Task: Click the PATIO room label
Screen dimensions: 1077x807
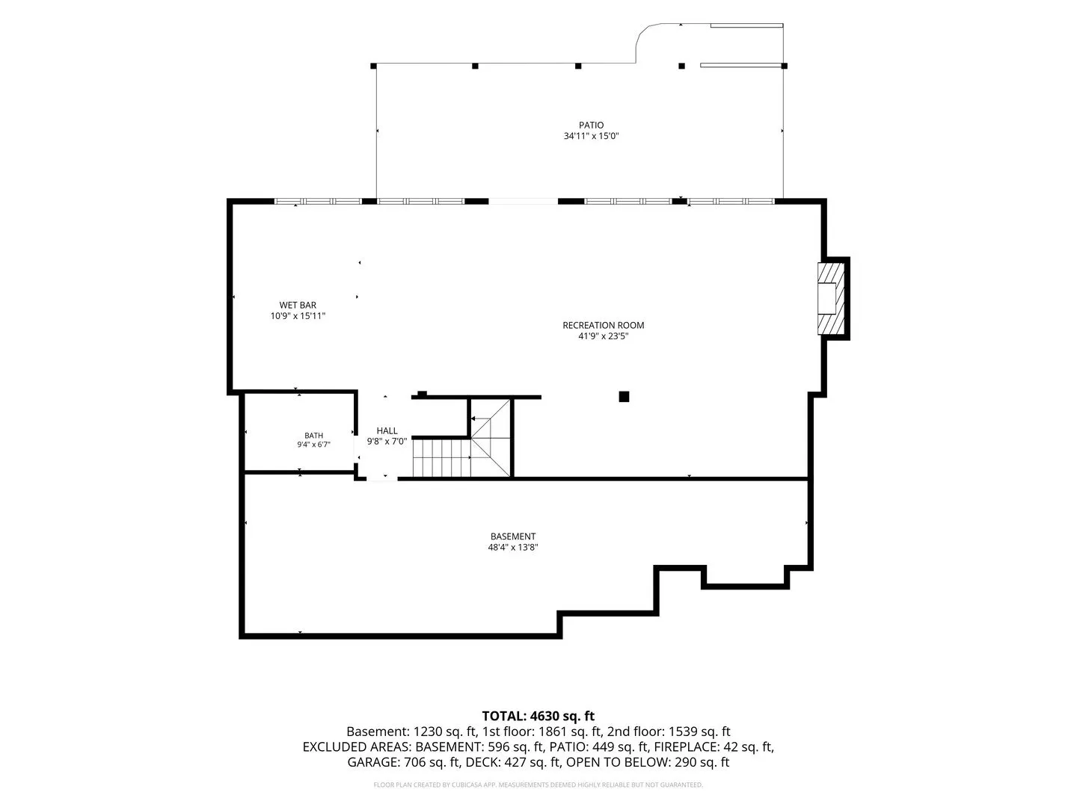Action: [591, 125]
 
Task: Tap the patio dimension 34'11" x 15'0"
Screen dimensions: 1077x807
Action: [591, 136]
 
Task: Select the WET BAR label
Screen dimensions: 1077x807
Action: [298, 305]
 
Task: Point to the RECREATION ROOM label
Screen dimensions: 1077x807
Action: [603, 325]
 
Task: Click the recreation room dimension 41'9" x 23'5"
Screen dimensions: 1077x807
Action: [603, 336]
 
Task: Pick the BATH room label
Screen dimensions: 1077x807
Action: [313, 435]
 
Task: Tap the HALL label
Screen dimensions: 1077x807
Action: [387, 430]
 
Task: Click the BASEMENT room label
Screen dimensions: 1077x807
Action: [513, 536]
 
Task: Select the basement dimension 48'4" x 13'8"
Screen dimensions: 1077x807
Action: [513, 547]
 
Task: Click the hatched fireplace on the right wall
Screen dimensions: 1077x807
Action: [831, 299]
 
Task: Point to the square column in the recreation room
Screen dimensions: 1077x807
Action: [624, 396]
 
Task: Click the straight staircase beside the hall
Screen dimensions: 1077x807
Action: [441, 458]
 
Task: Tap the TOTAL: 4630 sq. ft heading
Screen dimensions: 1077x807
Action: [538, 716]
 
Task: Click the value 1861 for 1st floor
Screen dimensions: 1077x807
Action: [554, 732]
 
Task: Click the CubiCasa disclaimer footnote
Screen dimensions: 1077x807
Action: [538, 785]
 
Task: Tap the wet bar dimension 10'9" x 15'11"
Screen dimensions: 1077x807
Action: [298, 316]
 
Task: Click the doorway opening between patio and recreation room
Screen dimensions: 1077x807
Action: [523, 201]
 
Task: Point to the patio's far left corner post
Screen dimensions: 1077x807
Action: [373, 66]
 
